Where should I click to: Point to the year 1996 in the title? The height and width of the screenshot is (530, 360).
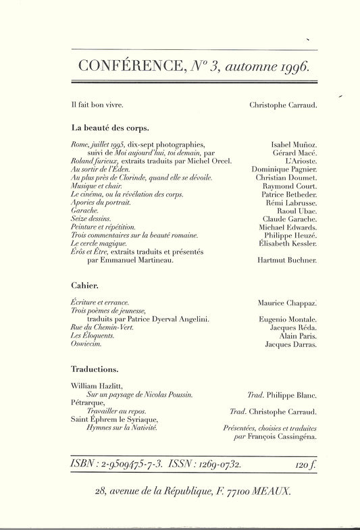point(289,67)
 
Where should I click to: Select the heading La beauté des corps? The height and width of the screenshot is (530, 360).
point(110,127)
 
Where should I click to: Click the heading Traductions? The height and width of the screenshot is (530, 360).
point(95,369)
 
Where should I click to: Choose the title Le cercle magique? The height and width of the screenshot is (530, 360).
point(98,242)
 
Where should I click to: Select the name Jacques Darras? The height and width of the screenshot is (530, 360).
point(292,344)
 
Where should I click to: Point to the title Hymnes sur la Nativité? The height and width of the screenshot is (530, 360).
point(120,428)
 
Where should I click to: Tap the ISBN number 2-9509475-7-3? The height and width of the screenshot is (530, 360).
point(128,465)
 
